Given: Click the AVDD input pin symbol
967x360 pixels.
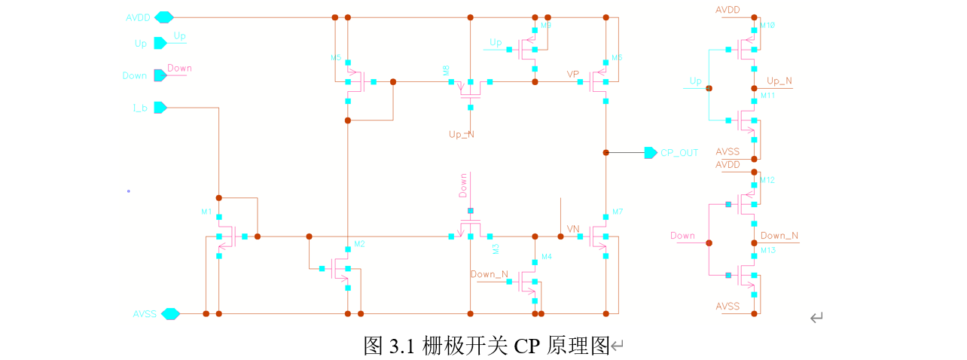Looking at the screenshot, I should pyautogui.click(x=164, y=17).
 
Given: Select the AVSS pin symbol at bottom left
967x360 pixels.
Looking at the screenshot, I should pyautogui.click(x=171, y=313).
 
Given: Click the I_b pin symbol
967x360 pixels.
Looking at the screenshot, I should pyautogui.click(x=160, y=108).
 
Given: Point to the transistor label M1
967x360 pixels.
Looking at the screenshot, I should pyautogui.click(x=206, y=212).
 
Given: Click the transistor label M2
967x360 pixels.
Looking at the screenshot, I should pyautogui.click(x=359, y=244).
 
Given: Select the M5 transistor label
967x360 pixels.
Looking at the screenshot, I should pyautogui.click(x=336, y=57).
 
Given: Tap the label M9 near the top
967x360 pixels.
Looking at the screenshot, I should pyautogui.click(x=546, y=26).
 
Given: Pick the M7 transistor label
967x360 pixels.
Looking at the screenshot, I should pyautogui.click(x=618, y=212).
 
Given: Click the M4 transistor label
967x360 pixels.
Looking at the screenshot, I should pyautogui.click(x=547, y=258).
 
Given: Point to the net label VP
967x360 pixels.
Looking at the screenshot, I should pyautogui.click(x=573, y=75).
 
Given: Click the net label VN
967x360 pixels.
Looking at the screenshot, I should pyautogui.click(x=573, y=228).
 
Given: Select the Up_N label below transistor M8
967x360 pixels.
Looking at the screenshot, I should pyautogui.click(x=462, y=134).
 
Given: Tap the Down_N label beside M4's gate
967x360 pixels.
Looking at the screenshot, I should pyautogui.click(x=489, y=274).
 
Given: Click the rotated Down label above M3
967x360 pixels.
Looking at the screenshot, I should pyautogui.click(x=463, y=185).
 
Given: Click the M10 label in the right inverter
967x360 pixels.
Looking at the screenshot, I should pyautogui.click(x=767, y=26).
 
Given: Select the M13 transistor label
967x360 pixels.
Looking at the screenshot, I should pyautogui.click(x=767, y=251).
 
